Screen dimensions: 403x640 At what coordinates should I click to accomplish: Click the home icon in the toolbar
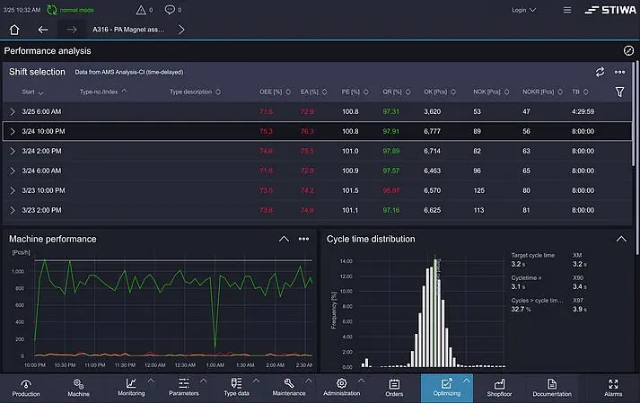coord(14,29)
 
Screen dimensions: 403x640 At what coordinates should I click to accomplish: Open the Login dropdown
coord(523,11)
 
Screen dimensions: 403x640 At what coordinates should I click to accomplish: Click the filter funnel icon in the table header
coord(619,92)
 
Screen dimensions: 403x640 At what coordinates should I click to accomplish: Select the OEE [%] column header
coord(271,92)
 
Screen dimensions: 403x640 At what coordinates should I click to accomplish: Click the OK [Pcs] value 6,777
coord(432,131)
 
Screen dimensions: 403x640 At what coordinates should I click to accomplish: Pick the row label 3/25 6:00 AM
coord(41,111)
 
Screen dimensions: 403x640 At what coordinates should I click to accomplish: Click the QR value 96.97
coord(391,190)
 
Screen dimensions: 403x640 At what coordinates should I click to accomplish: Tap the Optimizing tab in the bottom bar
coord(446,387)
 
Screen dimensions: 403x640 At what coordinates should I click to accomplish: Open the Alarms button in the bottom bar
coord(613,387)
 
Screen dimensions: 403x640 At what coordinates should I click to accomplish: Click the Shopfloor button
coord(499,387)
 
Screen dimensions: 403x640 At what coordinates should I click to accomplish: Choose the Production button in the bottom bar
coord(26,387)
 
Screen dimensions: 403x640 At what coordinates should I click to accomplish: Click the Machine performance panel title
coord(53,239)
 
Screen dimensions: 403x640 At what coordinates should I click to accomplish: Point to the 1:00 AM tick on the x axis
coord(215,365)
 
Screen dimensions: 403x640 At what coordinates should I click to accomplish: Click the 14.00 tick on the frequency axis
coord(346,261)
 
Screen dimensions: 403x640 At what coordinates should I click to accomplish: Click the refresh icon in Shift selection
coord(600,72)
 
